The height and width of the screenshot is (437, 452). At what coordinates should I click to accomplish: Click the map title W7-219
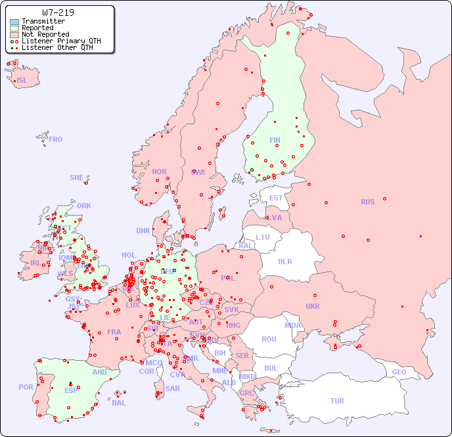[58, 12]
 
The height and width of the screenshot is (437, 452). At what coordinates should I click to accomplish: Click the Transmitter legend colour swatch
[14, 22]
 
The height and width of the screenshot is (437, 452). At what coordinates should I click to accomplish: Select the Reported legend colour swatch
[14, 28]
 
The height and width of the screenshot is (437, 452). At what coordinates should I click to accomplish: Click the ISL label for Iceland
[22, 81]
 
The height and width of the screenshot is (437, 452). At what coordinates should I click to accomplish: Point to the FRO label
[56, 139]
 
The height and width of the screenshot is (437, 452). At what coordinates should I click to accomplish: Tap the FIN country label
[275, 140]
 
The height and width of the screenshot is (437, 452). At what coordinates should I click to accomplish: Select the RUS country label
[367, 202]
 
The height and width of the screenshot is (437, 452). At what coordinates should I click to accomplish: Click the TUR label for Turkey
[337, 401]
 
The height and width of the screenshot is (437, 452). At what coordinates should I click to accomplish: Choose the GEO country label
[399, 372]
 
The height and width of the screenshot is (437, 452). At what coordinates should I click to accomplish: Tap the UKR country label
[313, 306]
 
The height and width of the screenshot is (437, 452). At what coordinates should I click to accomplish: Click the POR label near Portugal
[26, 387]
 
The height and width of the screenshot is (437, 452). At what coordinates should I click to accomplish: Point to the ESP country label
[71, 390]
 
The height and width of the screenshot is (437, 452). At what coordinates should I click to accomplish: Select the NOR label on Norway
[159, 172]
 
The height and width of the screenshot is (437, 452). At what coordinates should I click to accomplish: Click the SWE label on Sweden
[198, 172]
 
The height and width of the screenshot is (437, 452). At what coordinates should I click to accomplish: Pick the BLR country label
[284, 261]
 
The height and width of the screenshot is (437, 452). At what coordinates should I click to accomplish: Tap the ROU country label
[269, 339]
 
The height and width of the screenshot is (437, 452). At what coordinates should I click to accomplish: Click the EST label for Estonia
[276, 198]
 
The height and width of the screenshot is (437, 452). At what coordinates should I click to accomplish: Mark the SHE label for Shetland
[77, 177]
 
